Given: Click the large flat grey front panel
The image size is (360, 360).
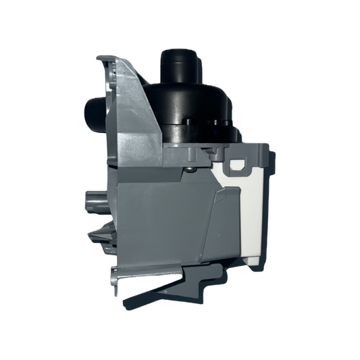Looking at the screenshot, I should pos(169,216).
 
